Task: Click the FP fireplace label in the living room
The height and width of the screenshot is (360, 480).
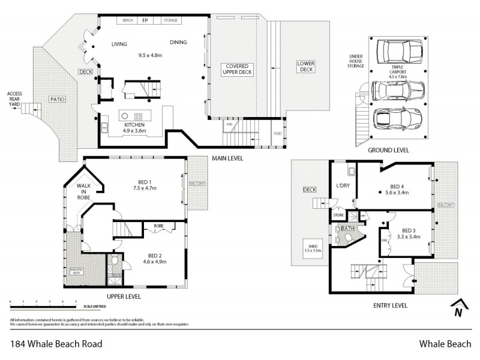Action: click(x=145, y=20)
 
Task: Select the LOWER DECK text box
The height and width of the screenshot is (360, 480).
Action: click(x=305, y=67)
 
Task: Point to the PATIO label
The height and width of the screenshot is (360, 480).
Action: click(x=57, y=99)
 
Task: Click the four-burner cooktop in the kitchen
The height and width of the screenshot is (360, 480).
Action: click(x=138, y=116)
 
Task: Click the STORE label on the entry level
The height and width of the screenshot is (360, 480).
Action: click(x=338, y=215)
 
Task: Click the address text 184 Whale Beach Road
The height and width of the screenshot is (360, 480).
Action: click(x=56, y=344)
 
